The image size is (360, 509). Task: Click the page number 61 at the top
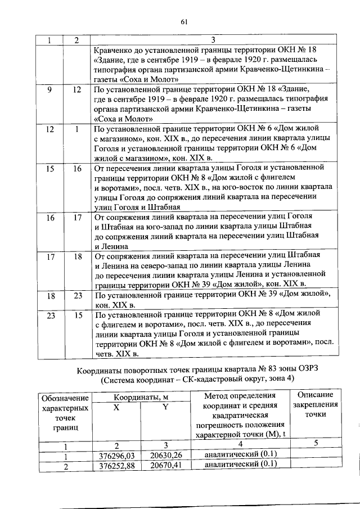pyautogui.click(x=183, y=22)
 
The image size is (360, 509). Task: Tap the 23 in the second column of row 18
pyautogui.click(x=77, y=295)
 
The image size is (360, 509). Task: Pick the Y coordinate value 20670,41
pyautogui.click(x=166, y=465)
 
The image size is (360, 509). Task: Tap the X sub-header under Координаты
pyautogui.click(x=116, y=408)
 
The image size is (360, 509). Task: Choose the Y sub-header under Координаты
pyautogui.click(x=166, y=408)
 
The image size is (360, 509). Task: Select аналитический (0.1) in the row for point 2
pyautogui.click(x=241, y=465)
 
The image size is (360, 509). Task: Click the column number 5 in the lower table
pyautogui.click(x=316, y=444)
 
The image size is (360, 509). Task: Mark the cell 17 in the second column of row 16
pyautogui.click(x=77, y=217)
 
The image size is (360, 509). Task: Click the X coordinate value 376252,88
pyautogui.click(x=117, y=465)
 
